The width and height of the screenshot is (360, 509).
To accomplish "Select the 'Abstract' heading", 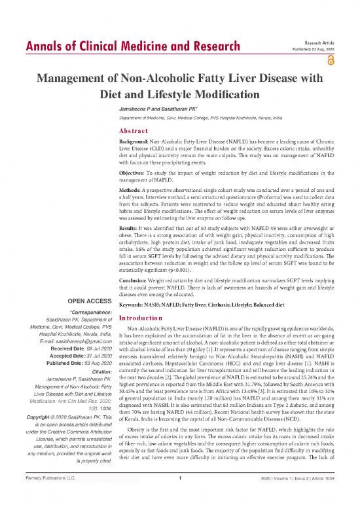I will point(137,130).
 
